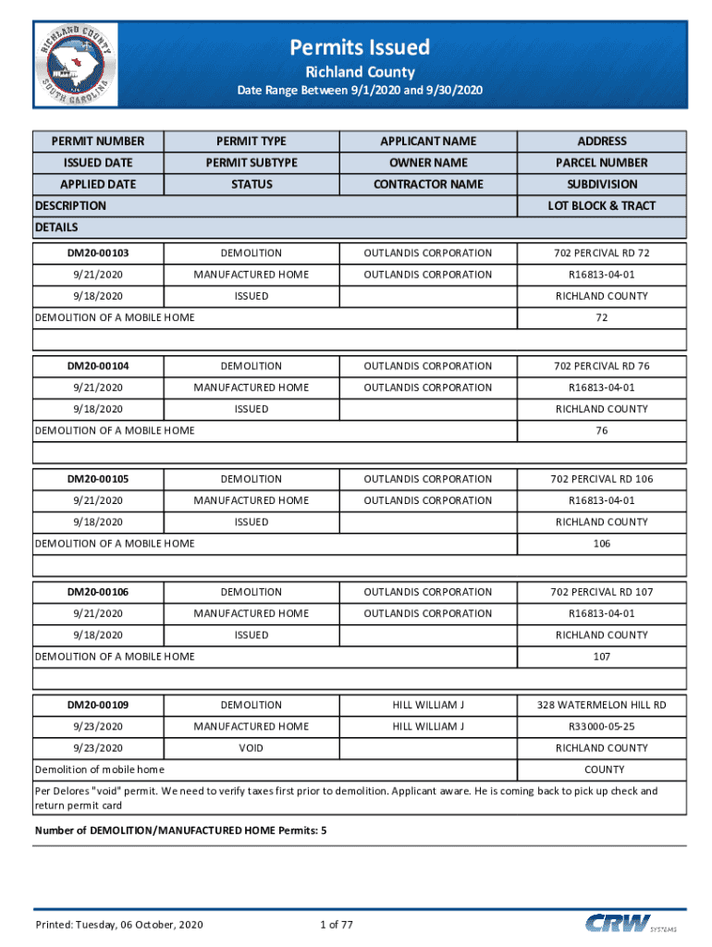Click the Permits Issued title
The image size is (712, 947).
tap(360, 47)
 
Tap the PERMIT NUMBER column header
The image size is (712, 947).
tap(98, 141)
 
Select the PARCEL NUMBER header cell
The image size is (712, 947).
tap(602, 163)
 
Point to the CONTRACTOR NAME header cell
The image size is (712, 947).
tap(428, 184)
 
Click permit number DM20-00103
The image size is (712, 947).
tap(98, 252)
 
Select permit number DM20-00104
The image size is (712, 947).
tap(98, 366)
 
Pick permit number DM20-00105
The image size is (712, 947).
tap(98, 479)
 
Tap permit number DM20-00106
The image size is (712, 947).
tap(98, 592)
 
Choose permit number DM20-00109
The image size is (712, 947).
tap(98, 705)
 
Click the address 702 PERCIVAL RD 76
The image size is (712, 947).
tap(602, 366)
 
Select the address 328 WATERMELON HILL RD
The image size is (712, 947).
tap(602, 705)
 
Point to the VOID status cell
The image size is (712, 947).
tap(252, 748)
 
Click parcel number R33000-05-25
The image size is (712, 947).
tap(602, 727)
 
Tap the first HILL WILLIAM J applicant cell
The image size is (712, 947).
tap(428, 705)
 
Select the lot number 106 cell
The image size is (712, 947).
tap(602, 544)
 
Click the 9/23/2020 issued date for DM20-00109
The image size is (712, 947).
tap(98, 727)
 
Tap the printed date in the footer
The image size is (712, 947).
tap(119, 925)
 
